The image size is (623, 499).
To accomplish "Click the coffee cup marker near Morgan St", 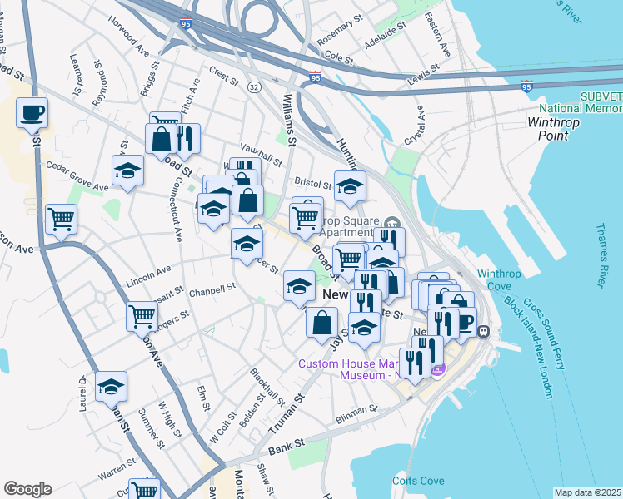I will click(32, 112).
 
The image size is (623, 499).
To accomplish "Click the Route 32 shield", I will click(254, 86).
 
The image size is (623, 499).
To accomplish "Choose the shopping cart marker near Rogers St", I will click(142, 316).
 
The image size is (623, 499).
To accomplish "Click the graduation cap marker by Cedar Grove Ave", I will click(127, 171).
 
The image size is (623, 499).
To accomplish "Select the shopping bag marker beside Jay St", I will click(322, 322).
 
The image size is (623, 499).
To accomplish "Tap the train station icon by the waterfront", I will click(483, 331).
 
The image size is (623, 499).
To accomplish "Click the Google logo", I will click(27, 488).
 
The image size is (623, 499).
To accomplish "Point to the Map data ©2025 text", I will click(587, 492).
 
